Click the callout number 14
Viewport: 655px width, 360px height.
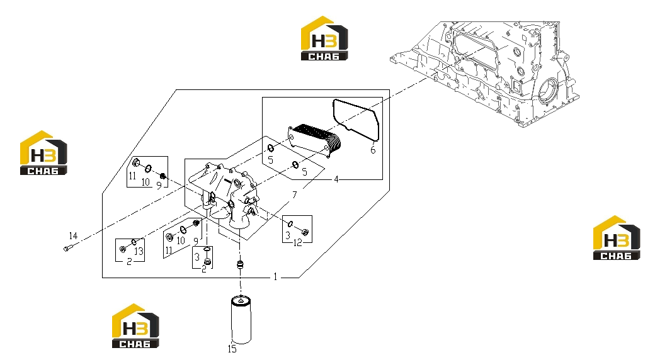73,236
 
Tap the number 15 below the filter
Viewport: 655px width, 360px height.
232,349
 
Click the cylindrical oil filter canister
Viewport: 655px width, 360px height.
241,320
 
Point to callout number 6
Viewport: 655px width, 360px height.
373,150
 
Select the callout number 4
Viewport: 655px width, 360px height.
336,179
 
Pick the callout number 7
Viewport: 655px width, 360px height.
295,195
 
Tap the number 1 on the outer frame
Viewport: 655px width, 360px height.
275,277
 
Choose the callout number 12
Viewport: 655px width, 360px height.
297,243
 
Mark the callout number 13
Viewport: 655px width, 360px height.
139,251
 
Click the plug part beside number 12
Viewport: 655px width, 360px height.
305,232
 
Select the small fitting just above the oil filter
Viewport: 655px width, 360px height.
240,264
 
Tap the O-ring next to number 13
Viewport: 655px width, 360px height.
134,242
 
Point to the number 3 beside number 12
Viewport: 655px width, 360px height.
287,236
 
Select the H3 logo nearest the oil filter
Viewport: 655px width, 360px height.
136,326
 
